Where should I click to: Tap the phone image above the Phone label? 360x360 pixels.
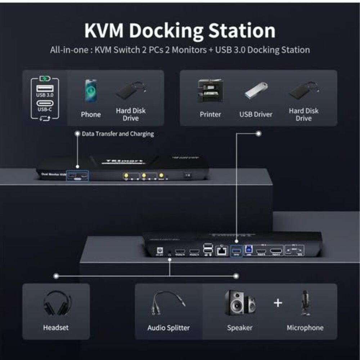pyautogui.click(x=91, y=90)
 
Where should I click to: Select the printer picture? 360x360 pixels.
pyautogui.click(x=210, y=91)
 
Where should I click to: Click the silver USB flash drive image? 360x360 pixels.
pyautogui.click(x=256, y=90)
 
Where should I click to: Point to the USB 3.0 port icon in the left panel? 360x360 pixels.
pyautogui.click(x=45, y=88)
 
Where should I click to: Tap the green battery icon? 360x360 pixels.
pyautogui.click(x=45, y=78)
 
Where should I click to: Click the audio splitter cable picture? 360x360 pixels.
pyautogui.click(x=168, y=303)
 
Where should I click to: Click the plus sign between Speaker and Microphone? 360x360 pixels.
pyautogui.click(x=278, y=303)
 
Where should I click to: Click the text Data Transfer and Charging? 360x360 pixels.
pyautogui.click(x=118, y=134)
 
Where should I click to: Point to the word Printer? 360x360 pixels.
pyautogui.click(x=210, y=114)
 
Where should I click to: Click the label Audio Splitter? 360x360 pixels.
pyautogui.click(x=168, y=328)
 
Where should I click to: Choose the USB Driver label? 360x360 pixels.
pyautogui.click(x=256, y=114)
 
